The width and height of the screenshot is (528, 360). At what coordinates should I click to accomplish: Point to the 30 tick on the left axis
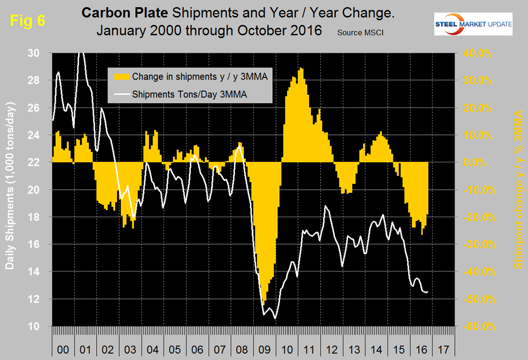(x=40, y=53)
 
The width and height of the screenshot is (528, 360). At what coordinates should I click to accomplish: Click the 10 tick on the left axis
(x=40, y=326)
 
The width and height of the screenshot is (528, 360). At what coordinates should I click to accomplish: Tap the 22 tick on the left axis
(x=40, y=162)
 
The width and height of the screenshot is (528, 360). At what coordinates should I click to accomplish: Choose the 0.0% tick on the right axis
(x=481, y=162)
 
